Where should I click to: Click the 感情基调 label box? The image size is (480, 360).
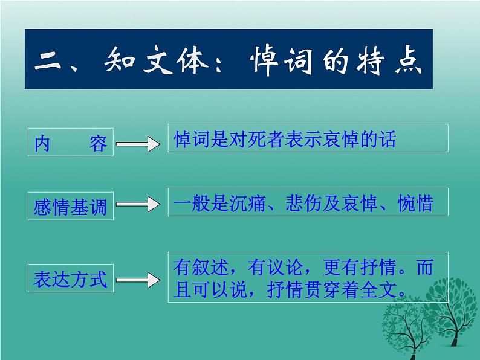[71, 207]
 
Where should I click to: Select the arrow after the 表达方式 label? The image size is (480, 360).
[138, 279]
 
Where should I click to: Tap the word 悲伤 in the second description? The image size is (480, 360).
[305, 203]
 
